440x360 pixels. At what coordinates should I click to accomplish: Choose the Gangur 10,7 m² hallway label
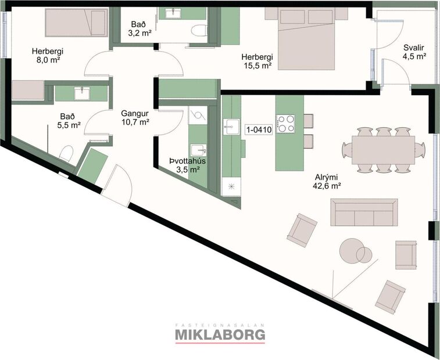[135, 118]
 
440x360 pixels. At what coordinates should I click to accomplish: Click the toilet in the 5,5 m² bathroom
[65, 154]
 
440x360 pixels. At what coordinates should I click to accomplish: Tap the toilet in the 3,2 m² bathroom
[201, 31]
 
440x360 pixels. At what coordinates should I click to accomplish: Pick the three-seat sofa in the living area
[364, 212]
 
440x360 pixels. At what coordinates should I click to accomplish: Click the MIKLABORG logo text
[220, 334]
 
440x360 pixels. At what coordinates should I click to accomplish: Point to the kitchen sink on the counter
[231, 125]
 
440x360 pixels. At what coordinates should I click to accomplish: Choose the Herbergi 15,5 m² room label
[257, 61]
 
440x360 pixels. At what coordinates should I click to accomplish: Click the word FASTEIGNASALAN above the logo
[220, 325]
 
